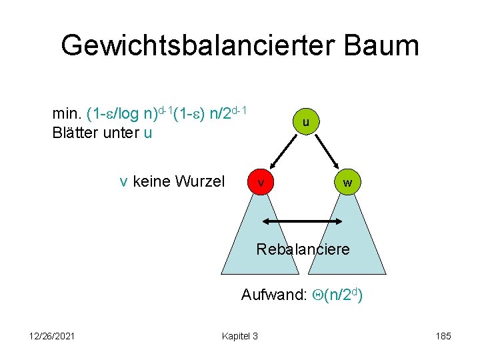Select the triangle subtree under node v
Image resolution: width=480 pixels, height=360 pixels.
(x=261, y=240)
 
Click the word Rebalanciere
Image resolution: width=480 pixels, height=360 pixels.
(x=303, y=250)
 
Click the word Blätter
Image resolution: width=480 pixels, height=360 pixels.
(x=75, y=133)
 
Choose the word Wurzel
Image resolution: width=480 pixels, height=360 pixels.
(x=200, y=181)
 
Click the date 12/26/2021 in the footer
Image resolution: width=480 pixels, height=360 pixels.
(x=51, y=335)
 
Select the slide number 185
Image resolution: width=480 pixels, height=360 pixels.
(x=442, y=335)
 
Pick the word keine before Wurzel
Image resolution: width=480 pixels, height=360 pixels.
(x=152, y=181)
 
